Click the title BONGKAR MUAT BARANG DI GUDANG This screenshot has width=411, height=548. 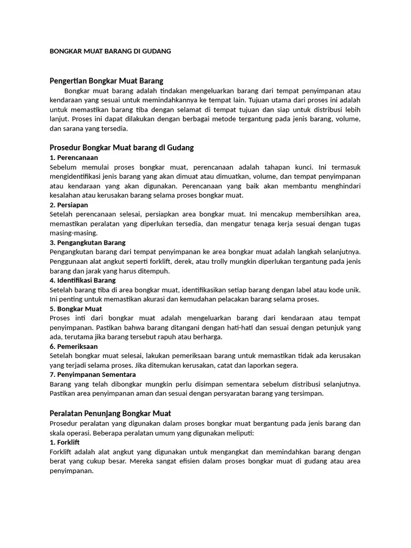coord(110,51)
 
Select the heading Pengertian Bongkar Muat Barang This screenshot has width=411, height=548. coord(106,80)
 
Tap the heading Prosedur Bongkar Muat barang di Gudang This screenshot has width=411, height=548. coord(121,147)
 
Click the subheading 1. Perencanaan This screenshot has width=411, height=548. coord(74,157)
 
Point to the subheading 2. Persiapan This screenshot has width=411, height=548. coord(69,205)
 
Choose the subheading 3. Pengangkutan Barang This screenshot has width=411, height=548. coord(88,242)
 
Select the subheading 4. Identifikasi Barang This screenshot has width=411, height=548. coord(82,280)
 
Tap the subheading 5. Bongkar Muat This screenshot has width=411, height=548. coord(75,309)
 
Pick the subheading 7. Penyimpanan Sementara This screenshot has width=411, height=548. coord(93,375)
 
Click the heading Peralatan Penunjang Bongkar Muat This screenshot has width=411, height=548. coord(110,413)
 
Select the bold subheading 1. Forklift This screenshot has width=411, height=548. coord(65,443)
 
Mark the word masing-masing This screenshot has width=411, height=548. coord(73,233)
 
